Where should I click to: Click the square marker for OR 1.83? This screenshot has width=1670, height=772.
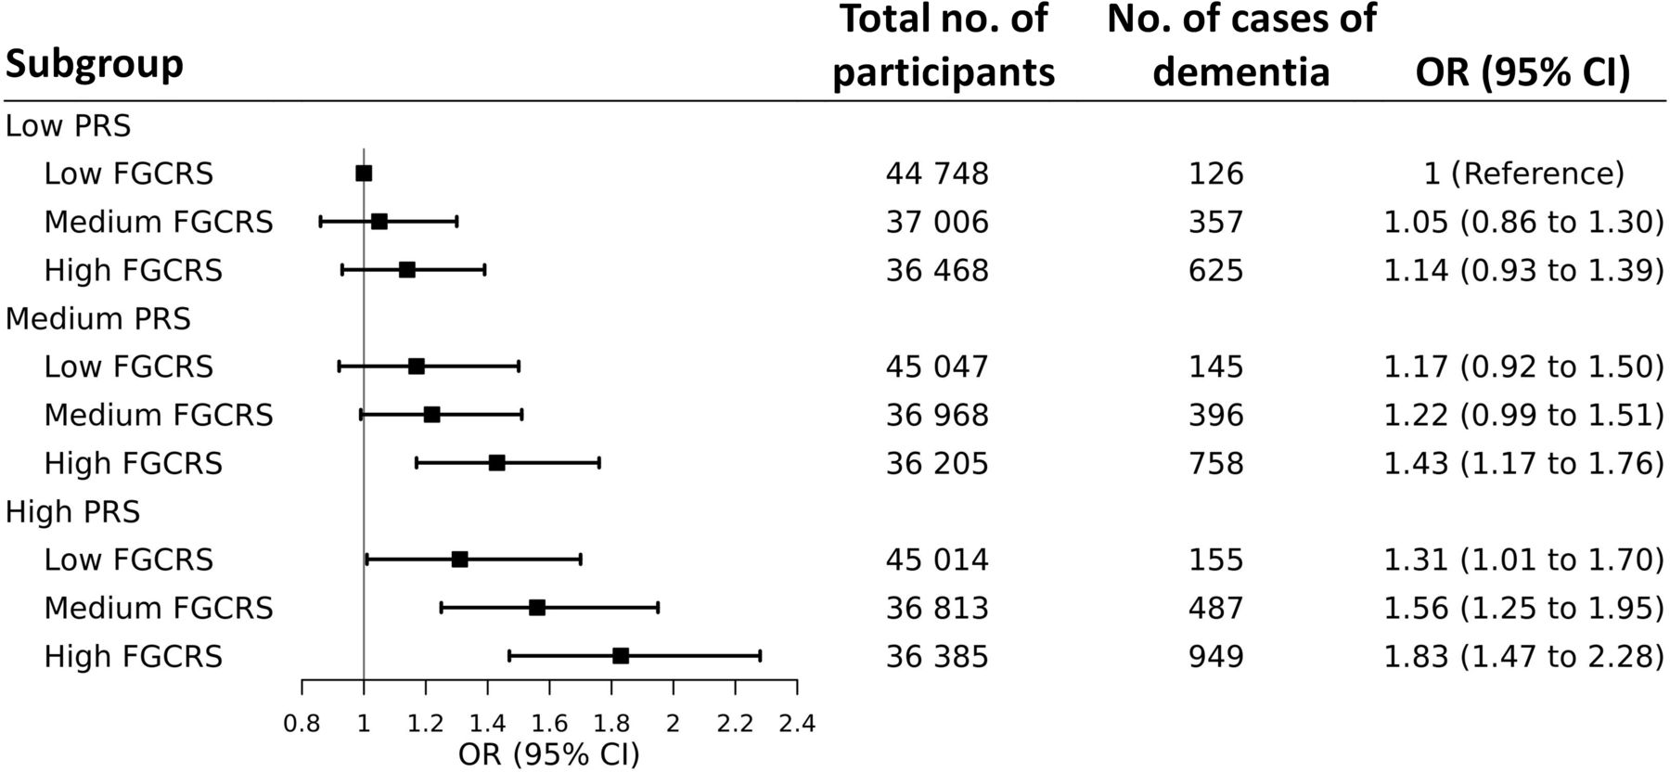click(621, 656)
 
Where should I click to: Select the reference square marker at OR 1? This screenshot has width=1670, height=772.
click(364, 174)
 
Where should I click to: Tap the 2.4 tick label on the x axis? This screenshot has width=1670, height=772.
click(796, 724)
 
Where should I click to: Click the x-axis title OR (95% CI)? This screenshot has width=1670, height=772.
click(549, 754)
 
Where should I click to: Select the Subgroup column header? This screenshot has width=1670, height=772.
click(94, 64)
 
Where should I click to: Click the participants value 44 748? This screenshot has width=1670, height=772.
click(937, 174)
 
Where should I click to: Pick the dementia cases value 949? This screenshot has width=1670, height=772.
click(1215, 656)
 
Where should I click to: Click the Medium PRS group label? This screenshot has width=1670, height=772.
click(97, 318)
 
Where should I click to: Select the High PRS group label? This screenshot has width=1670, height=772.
click(72, 511)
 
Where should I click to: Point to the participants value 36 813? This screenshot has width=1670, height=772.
click(937, 608)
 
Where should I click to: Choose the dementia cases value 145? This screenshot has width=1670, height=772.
click(1215, 367)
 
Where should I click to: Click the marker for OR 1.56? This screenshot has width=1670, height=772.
click(537, 608)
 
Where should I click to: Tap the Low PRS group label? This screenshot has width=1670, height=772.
click(68, 125)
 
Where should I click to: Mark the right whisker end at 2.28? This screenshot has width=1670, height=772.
click(761, 656)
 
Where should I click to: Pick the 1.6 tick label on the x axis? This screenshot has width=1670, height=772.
click(549, 724)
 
